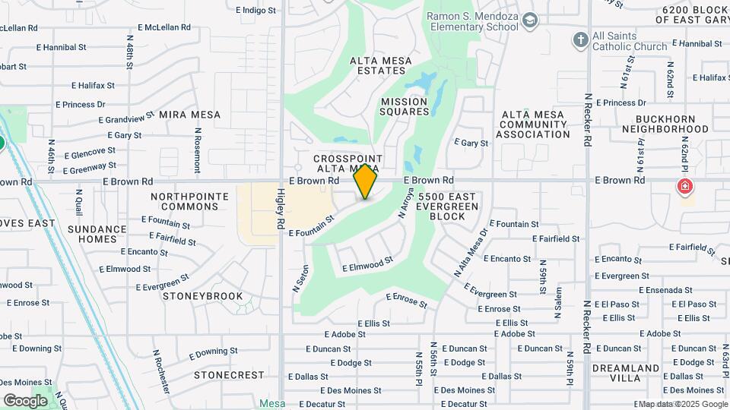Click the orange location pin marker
366,181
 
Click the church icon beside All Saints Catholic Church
580,39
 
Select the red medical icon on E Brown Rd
685,186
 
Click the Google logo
25,400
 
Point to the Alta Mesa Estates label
378,65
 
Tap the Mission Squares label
405,106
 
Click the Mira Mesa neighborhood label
189,115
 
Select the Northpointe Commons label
189,201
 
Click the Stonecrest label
229,375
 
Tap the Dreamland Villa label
625,373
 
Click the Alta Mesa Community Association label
532,125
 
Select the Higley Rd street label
280,210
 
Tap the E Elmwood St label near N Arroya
367,264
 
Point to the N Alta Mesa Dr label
471,253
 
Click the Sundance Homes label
97,234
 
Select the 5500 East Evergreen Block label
447,206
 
